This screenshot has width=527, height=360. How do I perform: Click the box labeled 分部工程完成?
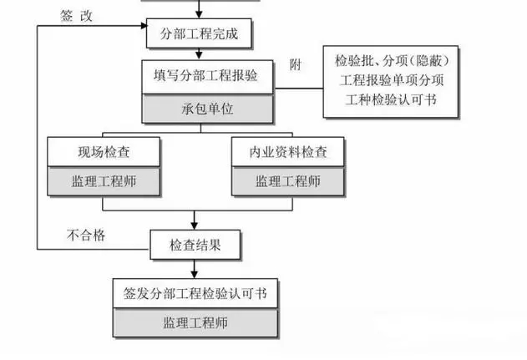pos(199,36)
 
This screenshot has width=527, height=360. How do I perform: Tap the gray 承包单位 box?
pos(197,109)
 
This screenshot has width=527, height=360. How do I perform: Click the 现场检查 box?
pos(104,152)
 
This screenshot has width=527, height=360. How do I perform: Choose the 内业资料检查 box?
pos(287,152)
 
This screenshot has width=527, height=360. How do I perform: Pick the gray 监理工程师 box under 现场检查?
pos(104,180)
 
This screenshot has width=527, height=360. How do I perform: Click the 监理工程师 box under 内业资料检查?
pos(287,180)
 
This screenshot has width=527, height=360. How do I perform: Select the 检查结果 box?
pos(195,246)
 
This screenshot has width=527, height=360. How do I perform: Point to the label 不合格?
pos(86,236)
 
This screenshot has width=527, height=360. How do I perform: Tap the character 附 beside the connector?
pos(294,65)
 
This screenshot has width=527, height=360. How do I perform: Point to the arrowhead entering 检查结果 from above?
pos(195,226)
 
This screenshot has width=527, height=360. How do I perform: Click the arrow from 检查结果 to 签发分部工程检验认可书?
pos(195,269)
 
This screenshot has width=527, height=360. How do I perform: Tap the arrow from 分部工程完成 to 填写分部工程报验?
pos(199,53)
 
